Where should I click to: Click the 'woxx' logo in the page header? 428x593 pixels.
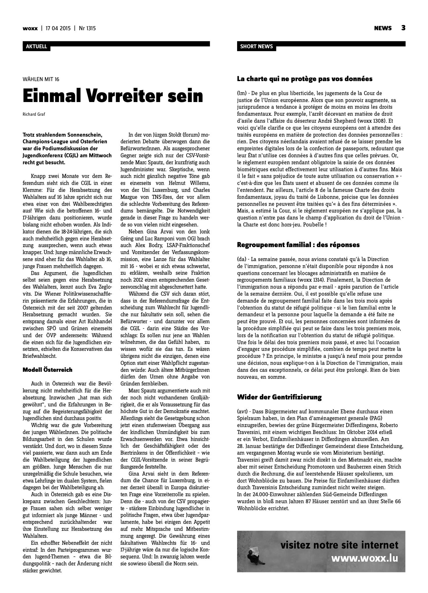coord(30,28)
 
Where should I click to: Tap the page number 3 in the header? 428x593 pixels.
coord(403,28)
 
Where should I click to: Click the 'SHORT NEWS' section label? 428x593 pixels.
coord(256,47)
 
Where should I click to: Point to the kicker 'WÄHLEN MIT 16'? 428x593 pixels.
coord(41,79)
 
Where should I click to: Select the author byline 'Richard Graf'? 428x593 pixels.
coord(34,114)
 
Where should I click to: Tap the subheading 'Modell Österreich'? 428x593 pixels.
coord(47,370)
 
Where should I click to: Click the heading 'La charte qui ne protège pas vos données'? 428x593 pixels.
coord(305,79)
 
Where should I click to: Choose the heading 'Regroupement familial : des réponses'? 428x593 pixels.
coord(298,245)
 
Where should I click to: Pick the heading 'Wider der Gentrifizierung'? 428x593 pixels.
coord(279,397)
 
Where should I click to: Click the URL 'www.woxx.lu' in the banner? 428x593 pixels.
coord(365,558)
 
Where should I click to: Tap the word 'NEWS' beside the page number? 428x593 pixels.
coord(383,28)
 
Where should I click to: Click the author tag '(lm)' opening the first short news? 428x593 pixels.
coord(242,93)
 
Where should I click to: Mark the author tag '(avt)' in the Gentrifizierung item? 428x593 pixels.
coord(243,412)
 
